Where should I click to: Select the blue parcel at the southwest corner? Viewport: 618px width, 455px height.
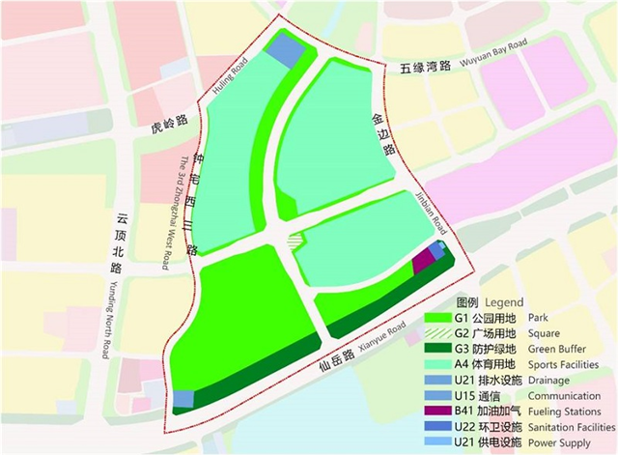click(182, 398)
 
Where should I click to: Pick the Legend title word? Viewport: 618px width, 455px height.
click(503, 300)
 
